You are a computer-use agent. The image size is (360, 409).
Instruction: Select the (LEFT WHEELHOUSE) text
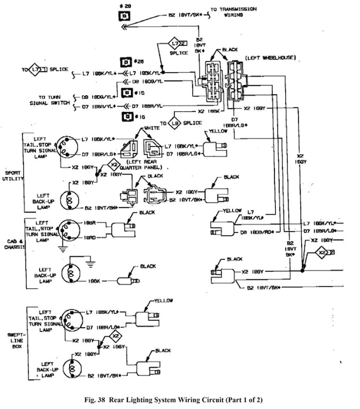(269, 58)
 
